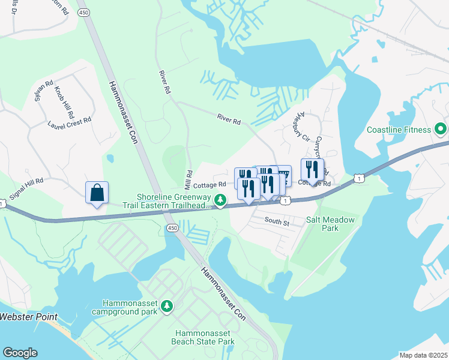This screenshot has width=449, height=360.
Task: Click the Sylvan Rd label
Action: [44, 89]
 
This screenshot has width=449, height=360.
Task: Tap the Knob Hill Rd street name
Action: [64, 101]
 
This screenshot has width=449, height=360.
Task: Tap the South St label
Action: [277, 221]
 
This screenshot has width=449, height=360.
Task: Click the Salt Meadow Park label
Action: [330, 224]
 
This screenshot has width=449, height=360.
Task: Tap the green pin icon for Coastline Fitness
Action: [440, 129]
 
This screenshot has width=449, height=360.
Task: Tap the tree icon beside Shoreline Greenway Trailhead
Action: [221, 200]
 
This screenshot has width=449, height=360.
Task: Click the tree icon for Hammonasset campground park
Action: [167, 307]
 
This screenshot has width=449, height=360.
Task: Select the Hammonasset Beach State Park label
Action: [205, 337]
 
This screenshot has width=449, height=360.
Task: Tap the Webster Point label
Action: [28, 317]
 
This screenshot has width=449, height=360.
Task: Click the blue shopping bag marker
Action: [97, 193]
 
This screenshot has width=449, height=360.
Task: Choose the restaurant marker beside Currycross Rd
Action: [312, 170]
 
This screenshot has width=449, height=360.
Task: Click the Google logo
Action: [20, 353]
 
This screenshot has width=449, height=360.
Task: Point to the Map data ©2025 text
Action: [423, 355]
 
